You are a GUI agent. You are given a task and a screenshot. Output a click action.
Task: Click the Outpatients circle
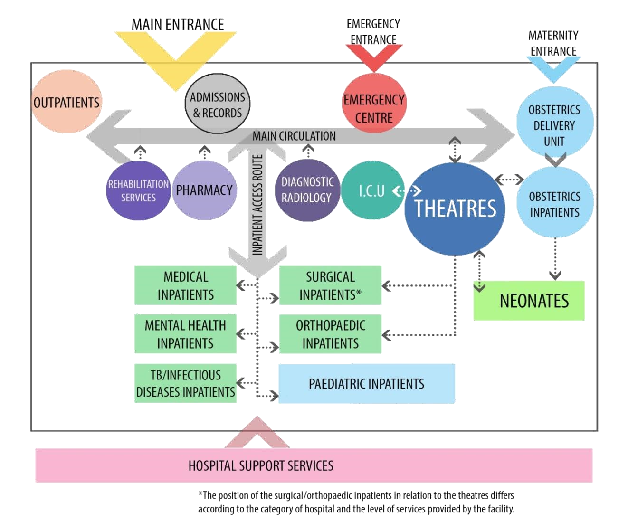[x=67, y=102]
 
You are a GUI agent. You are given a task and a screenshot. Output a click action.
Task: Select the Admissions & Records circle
[x=217, y=105]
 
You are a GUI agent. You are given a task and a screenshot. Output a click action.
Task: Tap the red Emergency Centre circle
[x=374, y=108]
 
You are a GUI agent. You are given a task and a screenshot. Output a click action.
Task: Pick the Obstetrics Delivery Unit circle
[x=554, y=124]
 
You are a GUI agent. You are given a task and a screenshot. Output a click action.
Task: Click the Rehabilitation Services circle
[x=138, y=190]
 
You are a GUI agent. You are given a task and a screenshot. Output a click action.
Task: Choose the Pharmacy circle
[x=204, y=190]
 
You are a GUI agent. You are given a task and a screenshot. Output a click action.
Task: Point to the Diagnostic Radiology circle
[x=306, y=190]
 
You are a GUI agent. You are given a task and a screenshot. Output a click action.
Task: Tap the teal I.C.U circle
[x=371, y=191]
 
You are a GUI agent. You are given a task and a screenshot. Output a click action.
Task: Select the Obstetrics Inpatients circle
[x=555, y=204]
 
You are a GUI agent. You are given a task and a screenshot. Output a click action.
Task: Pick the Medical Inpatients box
[x=185, y=285]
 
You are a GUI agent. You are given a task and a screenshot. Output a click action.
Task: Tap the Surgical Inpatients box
[x=330, y=285]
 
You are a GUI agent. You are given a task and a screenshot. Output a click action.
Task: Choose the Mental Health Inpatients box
[x=185, y=334]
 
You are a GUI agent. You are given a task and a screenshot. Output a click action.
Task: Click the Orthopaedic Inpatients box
[x=330, y=334]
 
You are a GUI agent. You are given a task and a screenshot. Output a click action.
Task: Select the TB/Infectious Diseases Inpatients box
[x=185, y=383]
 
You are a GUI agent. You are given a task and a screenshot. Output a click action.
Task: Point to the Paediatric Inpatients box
[x=366, y=384]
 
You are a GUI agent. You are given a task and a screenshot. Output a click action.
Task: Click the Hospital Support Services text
[x=261, y=465]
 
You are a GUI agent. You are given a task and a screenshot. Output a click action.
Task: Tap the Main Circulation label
[x=294, y=136]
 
